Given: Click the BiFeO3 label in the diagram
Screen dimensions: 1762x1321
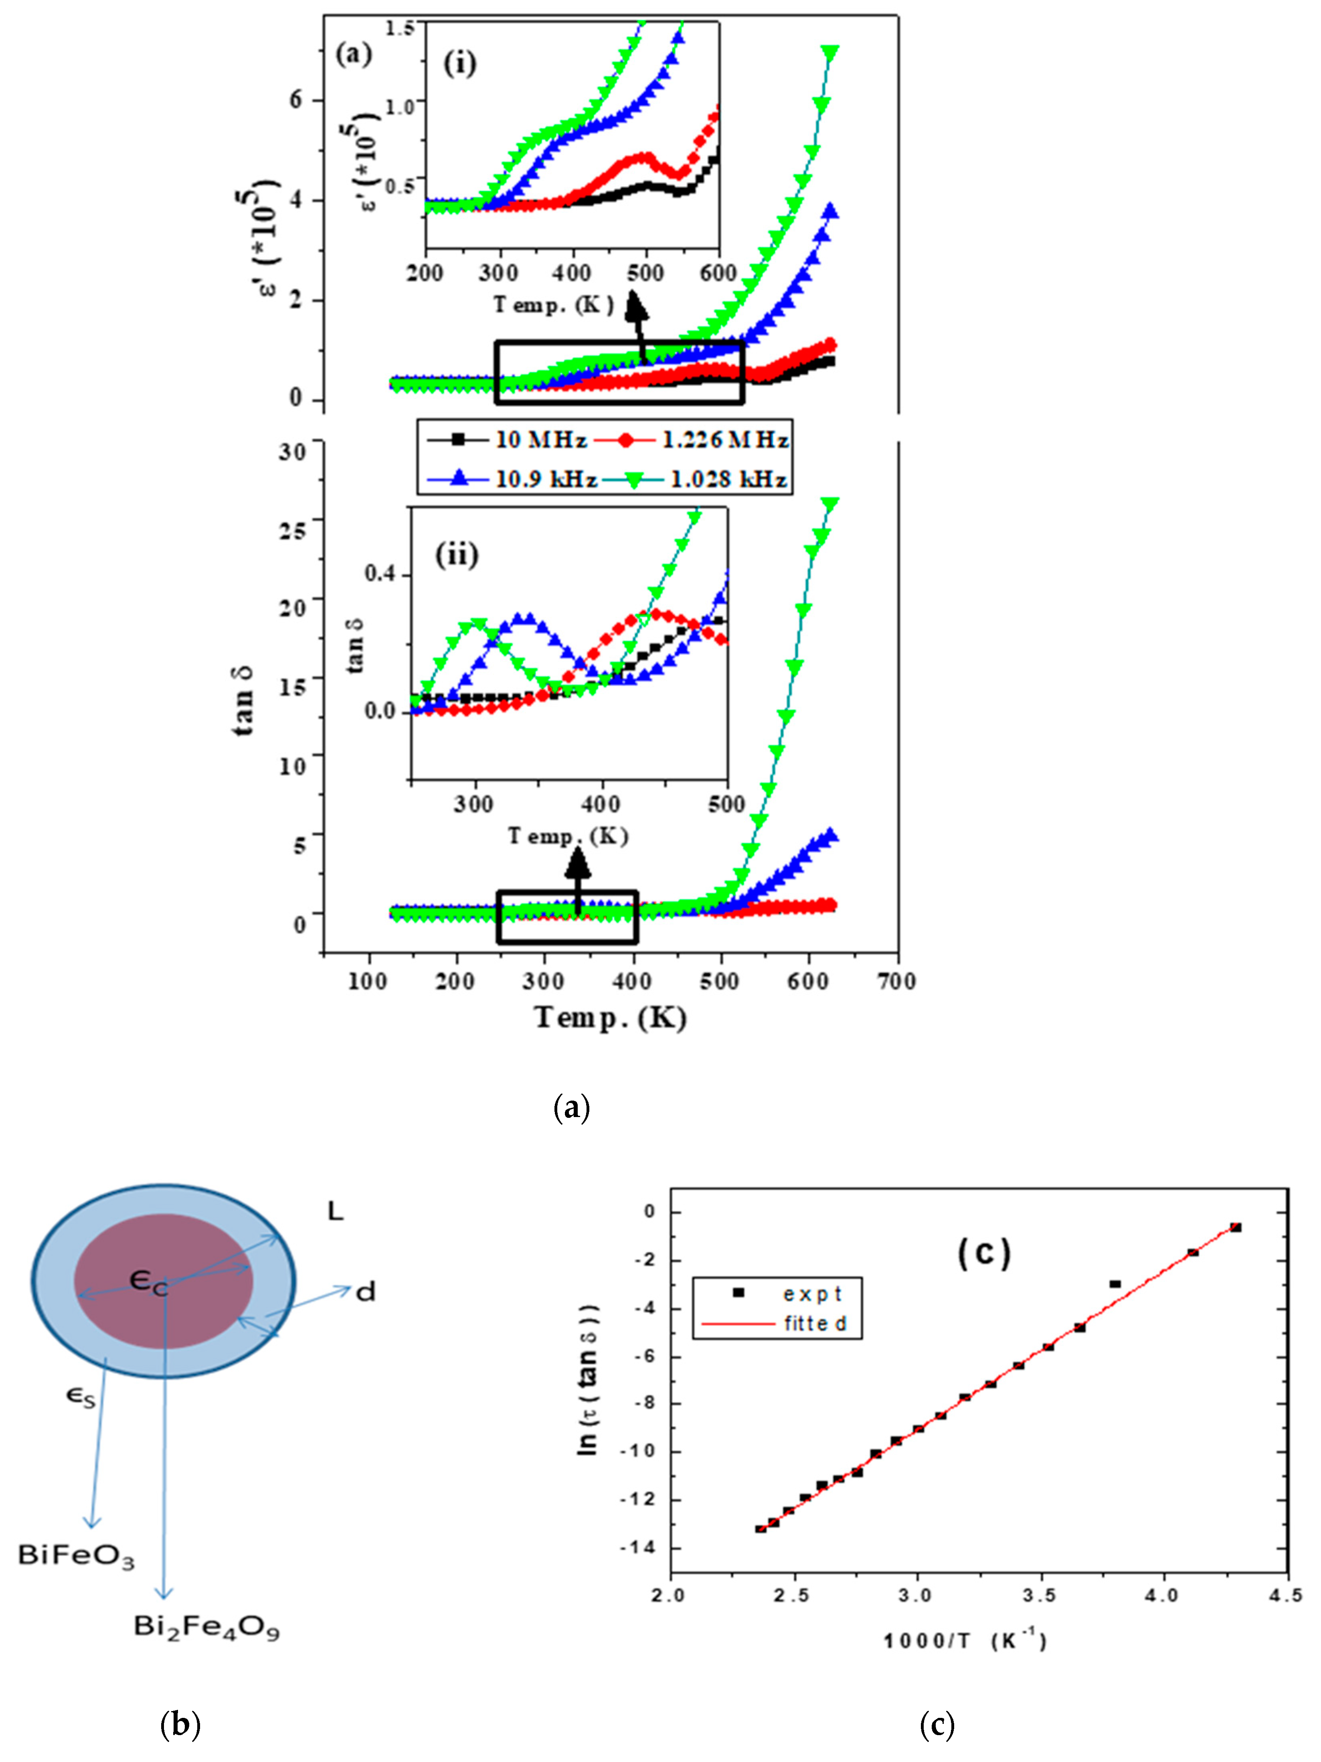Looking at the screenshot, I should tap(77, 1556).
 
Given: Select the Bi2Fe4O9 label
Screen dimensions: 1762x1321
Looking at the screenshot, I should tap(206, 1626).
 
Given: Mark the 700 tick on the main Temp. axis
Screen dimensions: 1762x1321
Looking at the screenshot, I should tap(896, 981).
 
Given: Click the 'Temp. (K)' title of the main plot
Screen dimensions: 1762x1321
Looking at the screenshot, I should tap(611, 1019).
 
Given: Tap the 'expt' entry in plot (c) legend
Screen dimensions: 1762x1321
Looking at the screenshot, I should tap(812, 1294).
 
